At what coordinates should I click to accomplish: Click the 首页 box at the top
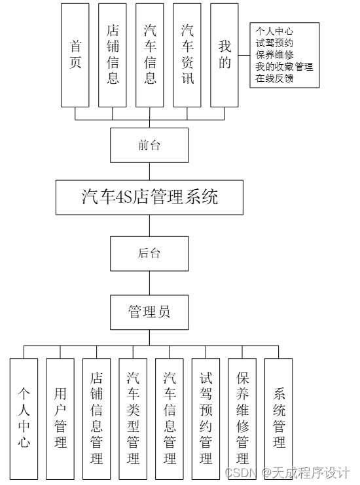click(75, 55)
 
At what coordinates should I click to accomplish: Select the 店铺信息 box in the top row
click(113, 55)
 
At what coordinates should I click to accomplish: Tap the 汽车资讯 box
click(188, 55)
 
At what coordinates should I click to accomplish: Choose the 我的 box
click(225, 55)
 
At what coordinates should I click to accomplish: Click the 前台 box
click(149, 145)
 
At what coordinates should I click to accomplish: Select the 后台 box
click(149, 253)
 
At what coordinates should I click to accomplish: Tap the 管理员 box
click(149, 312)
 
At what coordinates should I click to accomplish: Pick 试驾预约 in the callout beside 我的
click(274, 43)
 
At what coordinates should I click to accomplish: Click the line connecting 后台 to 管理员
click(149, 283)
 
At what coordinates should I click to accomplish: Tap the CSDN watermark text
click(239, 473)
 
